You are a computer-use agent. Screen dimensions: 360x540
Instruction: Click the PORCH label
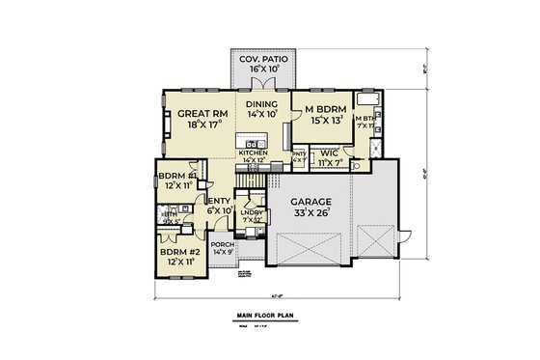[223, 246]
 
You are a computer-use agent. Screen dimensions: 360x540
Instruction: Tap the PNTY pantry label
[298, 153]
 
